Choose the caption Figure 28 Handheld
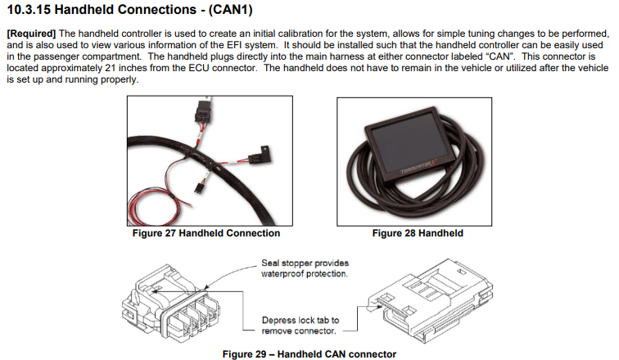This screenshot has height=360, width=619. pyautogui.click(x=418, y=233)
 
